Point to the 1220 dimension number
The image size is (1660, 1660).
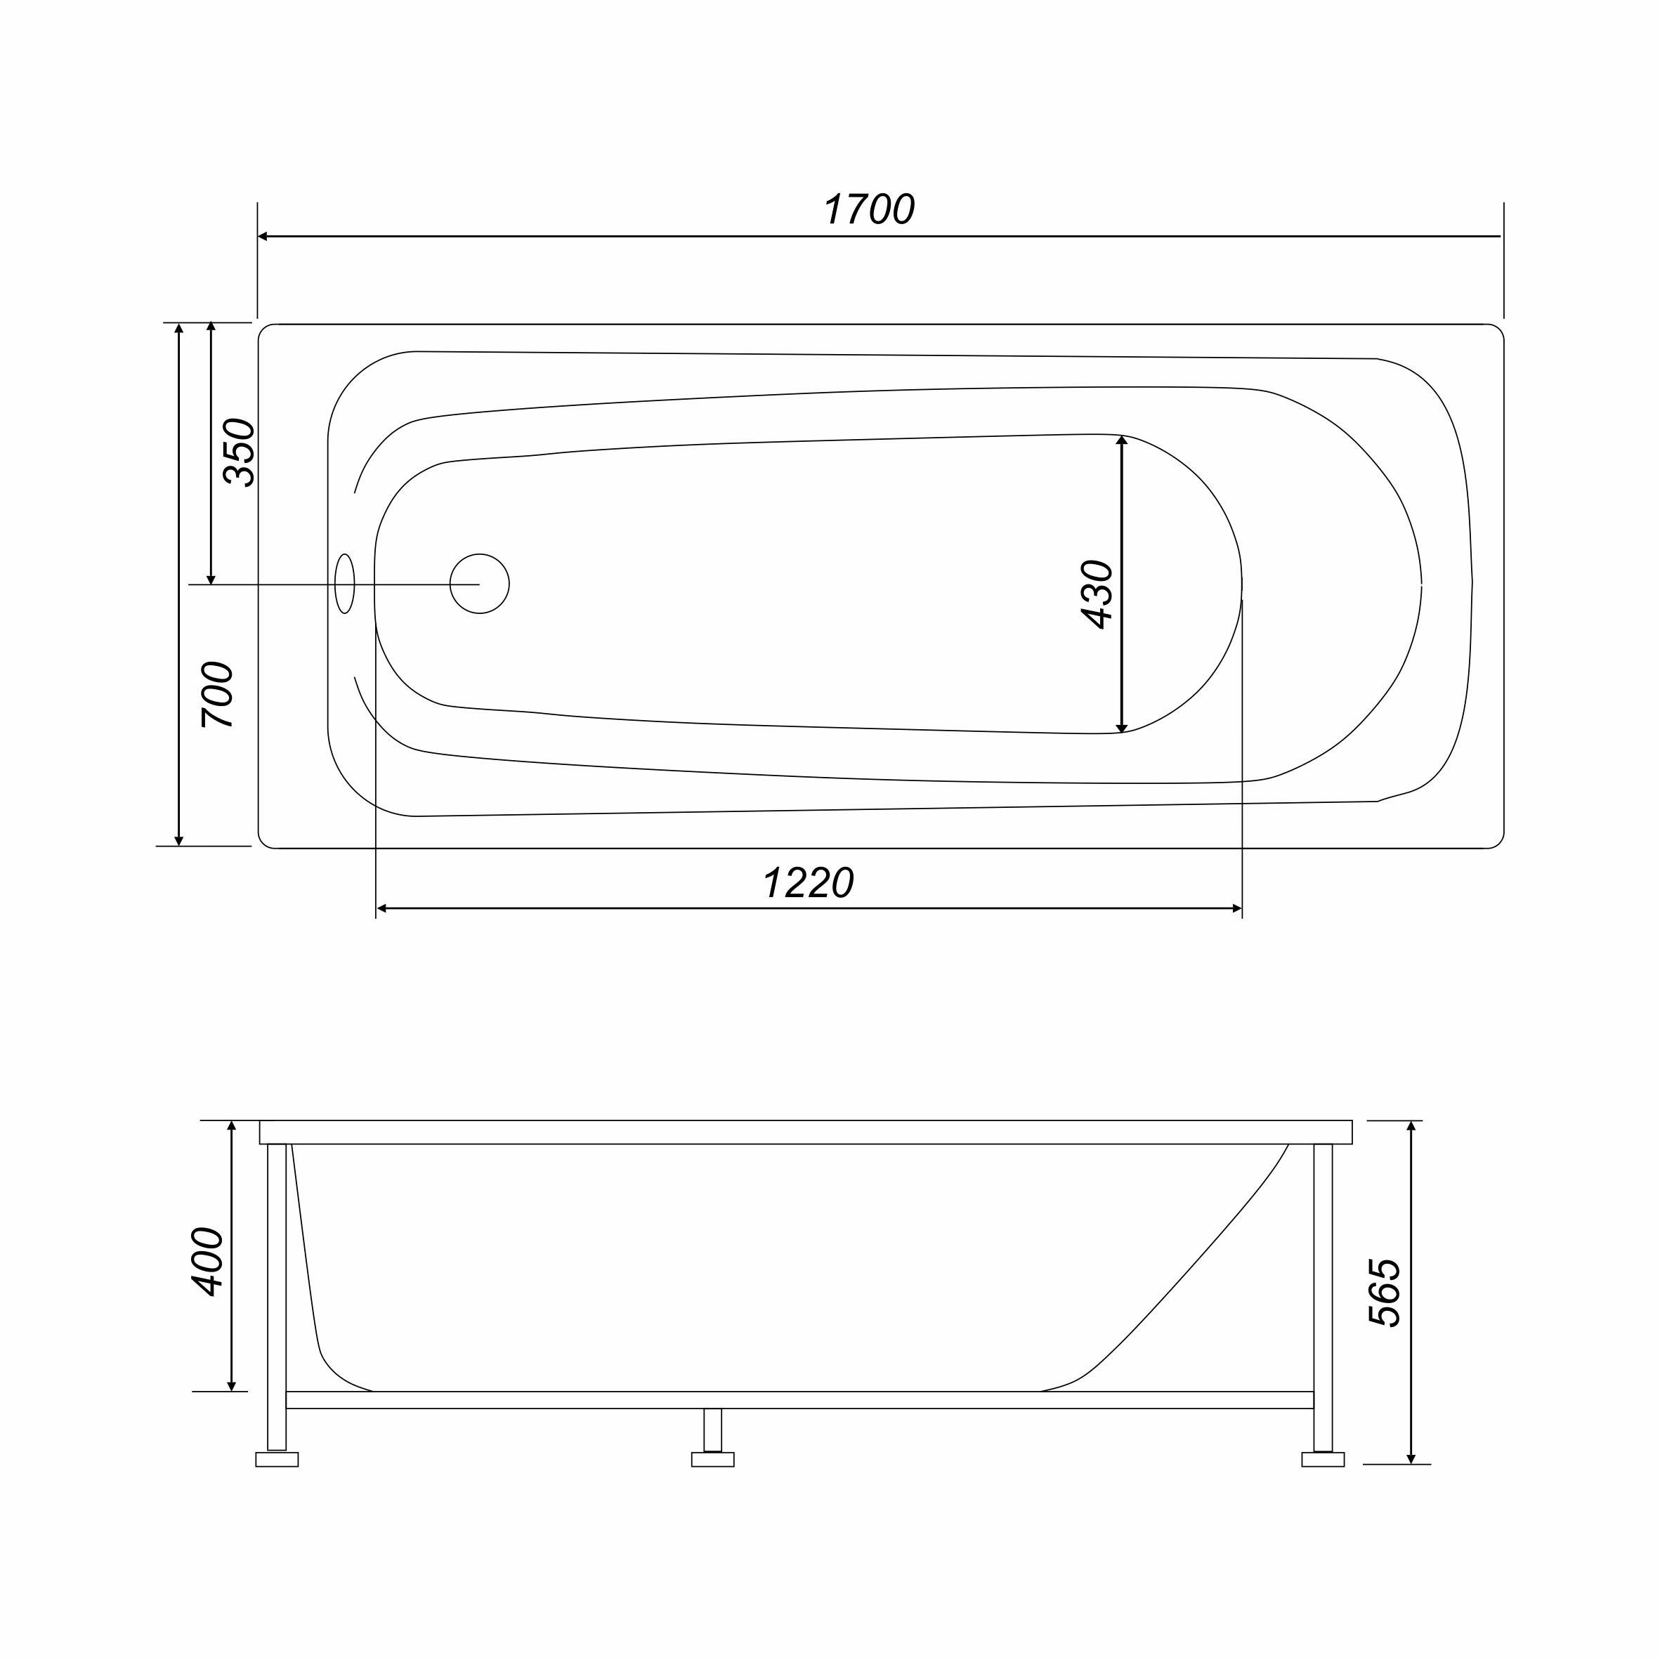pyautogui.click(x=809, y=883)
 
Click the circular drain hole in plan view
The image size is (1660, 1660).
pyautogui.click(x=479, y=584)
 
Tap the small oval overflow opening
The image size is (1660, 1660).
pyautogui.click(x=344, y=584)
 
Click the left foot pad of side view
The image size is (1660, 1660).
pyautogui.click(x=277, y=1460)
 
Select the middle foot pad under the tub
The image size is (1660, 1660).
pyautogui.click(x=713, y=1460)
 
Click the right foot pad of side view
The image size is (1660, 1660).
pyautogui.click(x=1324, y=1460)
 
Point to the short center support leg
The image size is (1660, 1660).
pyautogui.click(x=713, y=1430)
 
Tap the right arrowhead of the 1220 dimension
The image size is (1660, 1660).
pyautogui.click(x=1237, y=909)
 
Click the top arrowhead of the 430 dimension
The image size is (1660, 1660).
pyautogui.click(x=1121, y=440)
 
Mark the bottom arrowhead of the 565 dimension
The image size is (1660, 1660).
pyautogui.click(x=1411, y=1459)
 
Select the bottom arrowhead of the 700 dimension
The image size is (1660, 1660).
pyautogui.click(x=178, y=840)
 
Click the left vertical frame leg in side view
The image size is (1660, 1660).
pyautogui.click(x=277, y=1298)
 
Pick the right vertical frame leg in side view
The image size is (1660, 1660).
pyautogui.click(x=1324, y=1298)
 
